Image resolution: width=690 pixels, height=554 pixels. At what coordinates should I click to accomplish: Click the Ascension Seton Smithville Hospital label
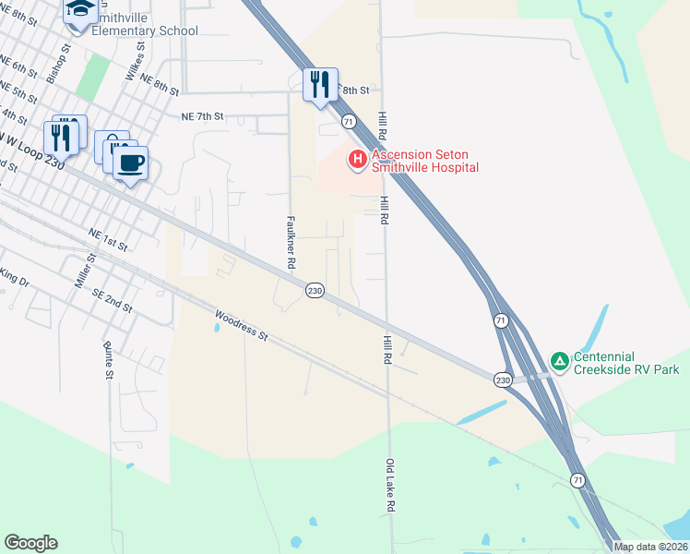(x=424, y=161)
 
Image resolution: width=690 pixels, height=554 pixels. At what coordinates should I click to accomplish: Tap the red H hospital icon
(x=357, y=161)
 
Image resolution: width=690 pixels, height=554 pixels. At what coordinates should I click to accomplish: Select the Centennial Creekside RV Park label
(x=626, y=363)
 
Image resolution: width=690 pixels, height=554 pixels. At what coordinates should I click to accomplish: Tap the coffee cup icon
(x=130, y=163)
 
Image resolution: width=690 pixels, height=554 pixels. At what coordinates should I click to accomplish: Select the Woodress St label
(x=241, y=326)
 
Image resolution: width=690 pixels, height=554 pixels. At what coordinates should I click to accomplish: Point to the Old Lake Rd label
(x=390, y=486)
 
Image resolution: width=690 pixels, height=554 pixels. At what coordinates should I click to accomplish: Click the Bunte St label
(x=108, y=361)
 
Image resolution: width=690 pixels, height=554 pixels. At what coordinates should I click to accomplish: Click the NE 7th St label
(x=203, y=117)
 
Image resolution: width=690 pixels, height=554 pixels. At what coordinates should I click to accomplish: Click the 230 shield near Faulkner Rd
(x=315, y=290)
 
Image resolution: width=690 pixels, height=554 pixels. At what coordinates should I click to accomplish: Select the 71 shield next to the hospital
(x=348, y=121)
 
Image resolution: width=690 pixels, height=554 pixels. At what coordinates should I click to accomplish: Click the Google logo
(x=30, y=543)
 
